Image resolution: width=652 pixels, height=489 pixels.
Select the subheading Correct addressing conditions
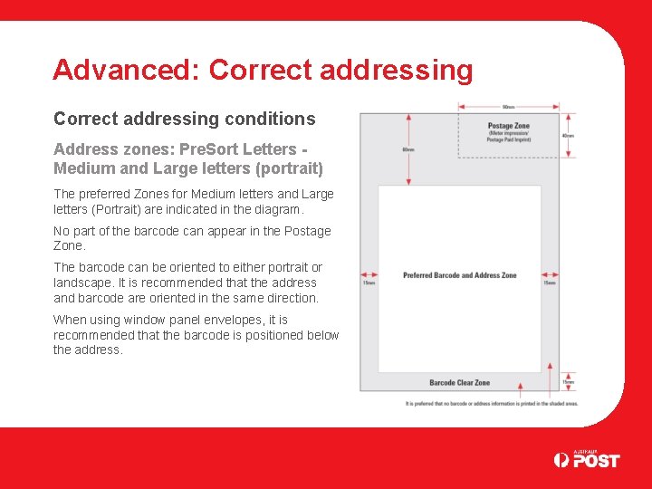pos(185,119)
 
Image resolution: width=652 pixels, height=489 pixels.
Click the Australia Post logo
pos(587,459)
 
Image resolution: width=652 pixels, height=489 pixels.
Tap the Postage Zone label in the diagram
pos(508,126)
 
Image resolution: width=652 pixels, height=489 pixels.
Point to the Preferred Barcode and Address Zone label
pos(460,275)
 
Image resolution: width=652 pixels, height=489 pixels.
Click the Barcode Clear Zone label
pos(459,383)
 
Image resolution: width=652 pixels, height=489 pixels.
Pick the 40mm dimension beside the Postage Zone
pos(568,136)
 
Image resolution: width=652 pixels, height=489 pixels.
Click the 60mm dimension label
pos(408,149)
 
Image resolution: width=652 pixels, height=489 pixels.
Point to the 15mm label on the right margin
pos(550,283)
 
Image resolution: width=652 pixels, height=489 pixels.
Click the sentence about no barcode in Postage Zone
pos(192,238)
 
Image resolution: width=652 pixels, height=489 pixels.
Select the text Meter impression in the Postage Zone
pos(508,134)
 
